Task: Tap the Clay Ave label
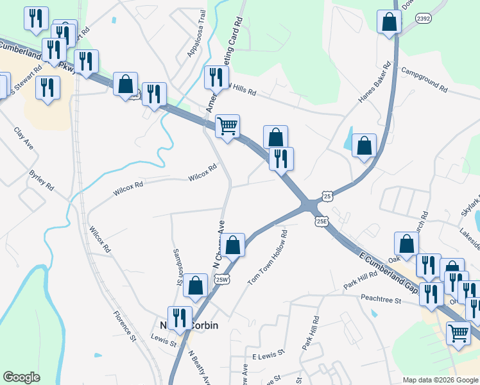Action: click(24, 139)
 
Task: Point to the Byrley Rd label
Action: click(42, 180)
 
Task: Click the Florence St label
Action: click(125, 325)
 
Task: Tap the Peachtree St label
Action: click(381, 299)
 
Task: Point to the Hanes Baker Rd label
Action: click(375, 82)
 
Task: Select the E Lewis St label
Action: click(267, 355)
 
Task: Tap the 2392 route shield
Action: click(423, 19)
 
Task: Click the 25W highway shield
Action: click(222, 279)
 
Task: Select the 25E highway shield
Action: click(321, 221)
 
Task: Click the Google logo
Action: click(22, 377)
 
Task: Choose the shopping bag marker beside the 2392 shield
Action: click(389, 22)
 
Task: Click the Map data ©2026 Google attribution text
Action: click(440, 379)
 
